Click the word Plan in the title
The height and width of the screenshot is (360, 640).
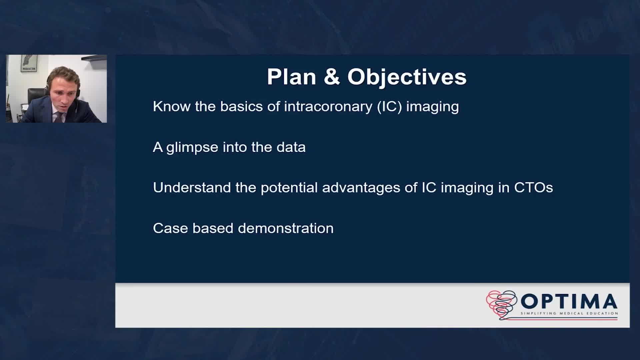pos(291,77)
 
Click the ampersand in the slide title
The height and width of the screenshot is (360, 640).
pos(332,77)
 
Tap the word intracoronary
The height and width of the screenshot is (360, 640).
pos(328,107)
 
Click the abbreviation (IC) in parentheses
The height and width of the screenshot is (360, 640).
pos(389,107)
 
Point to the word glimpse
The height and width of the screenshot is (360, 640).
pos(192,148)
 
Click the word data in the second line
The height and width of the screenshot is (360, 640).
pos(291,147)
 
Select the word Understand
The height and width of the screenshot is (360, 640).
pos(192,188)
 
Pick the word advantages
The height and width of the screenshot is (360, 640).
pos(361,188)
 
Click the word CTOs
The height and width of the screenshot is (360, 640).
pos(533,188)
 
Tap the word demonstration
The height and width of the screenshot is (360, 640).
pos(286,228)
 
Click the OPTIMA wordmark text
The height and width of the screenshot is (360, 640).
pos(569,301)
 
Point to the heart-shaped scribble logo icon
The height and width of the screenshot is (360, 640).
pos(501,304)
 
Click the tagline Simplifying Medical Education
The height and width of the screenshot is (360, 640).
pos(569,313)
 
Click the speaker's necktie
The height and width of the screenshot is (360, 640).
pos(59,117)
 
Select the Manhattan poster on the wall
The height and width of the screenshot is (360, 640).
pos(29,63)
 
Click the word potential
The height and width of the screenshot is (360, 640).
pos(289,188)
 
